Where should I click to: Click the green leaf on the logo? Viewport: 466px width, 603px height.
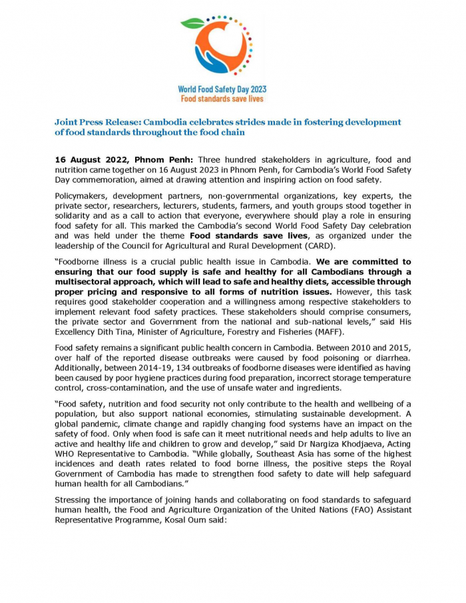(193, 23)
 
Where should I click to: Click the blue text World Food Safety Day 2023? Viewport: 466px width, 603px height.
(222, 89)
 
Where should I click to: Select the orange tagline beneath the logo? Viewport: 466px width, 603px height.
(222, 99)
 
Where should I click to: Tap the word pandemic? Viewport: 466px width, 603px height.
(104, 424)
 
